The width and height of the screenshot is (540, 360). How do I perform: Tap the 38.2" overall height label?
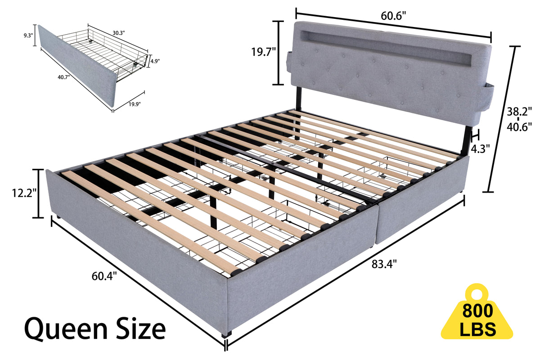click(x=522, y=111)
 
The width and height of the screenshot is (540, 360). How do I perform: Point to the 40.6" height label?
click(x=522, y=127)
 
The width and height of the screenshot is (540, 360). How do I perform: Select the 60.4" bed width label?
click(x=104, y=276)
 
